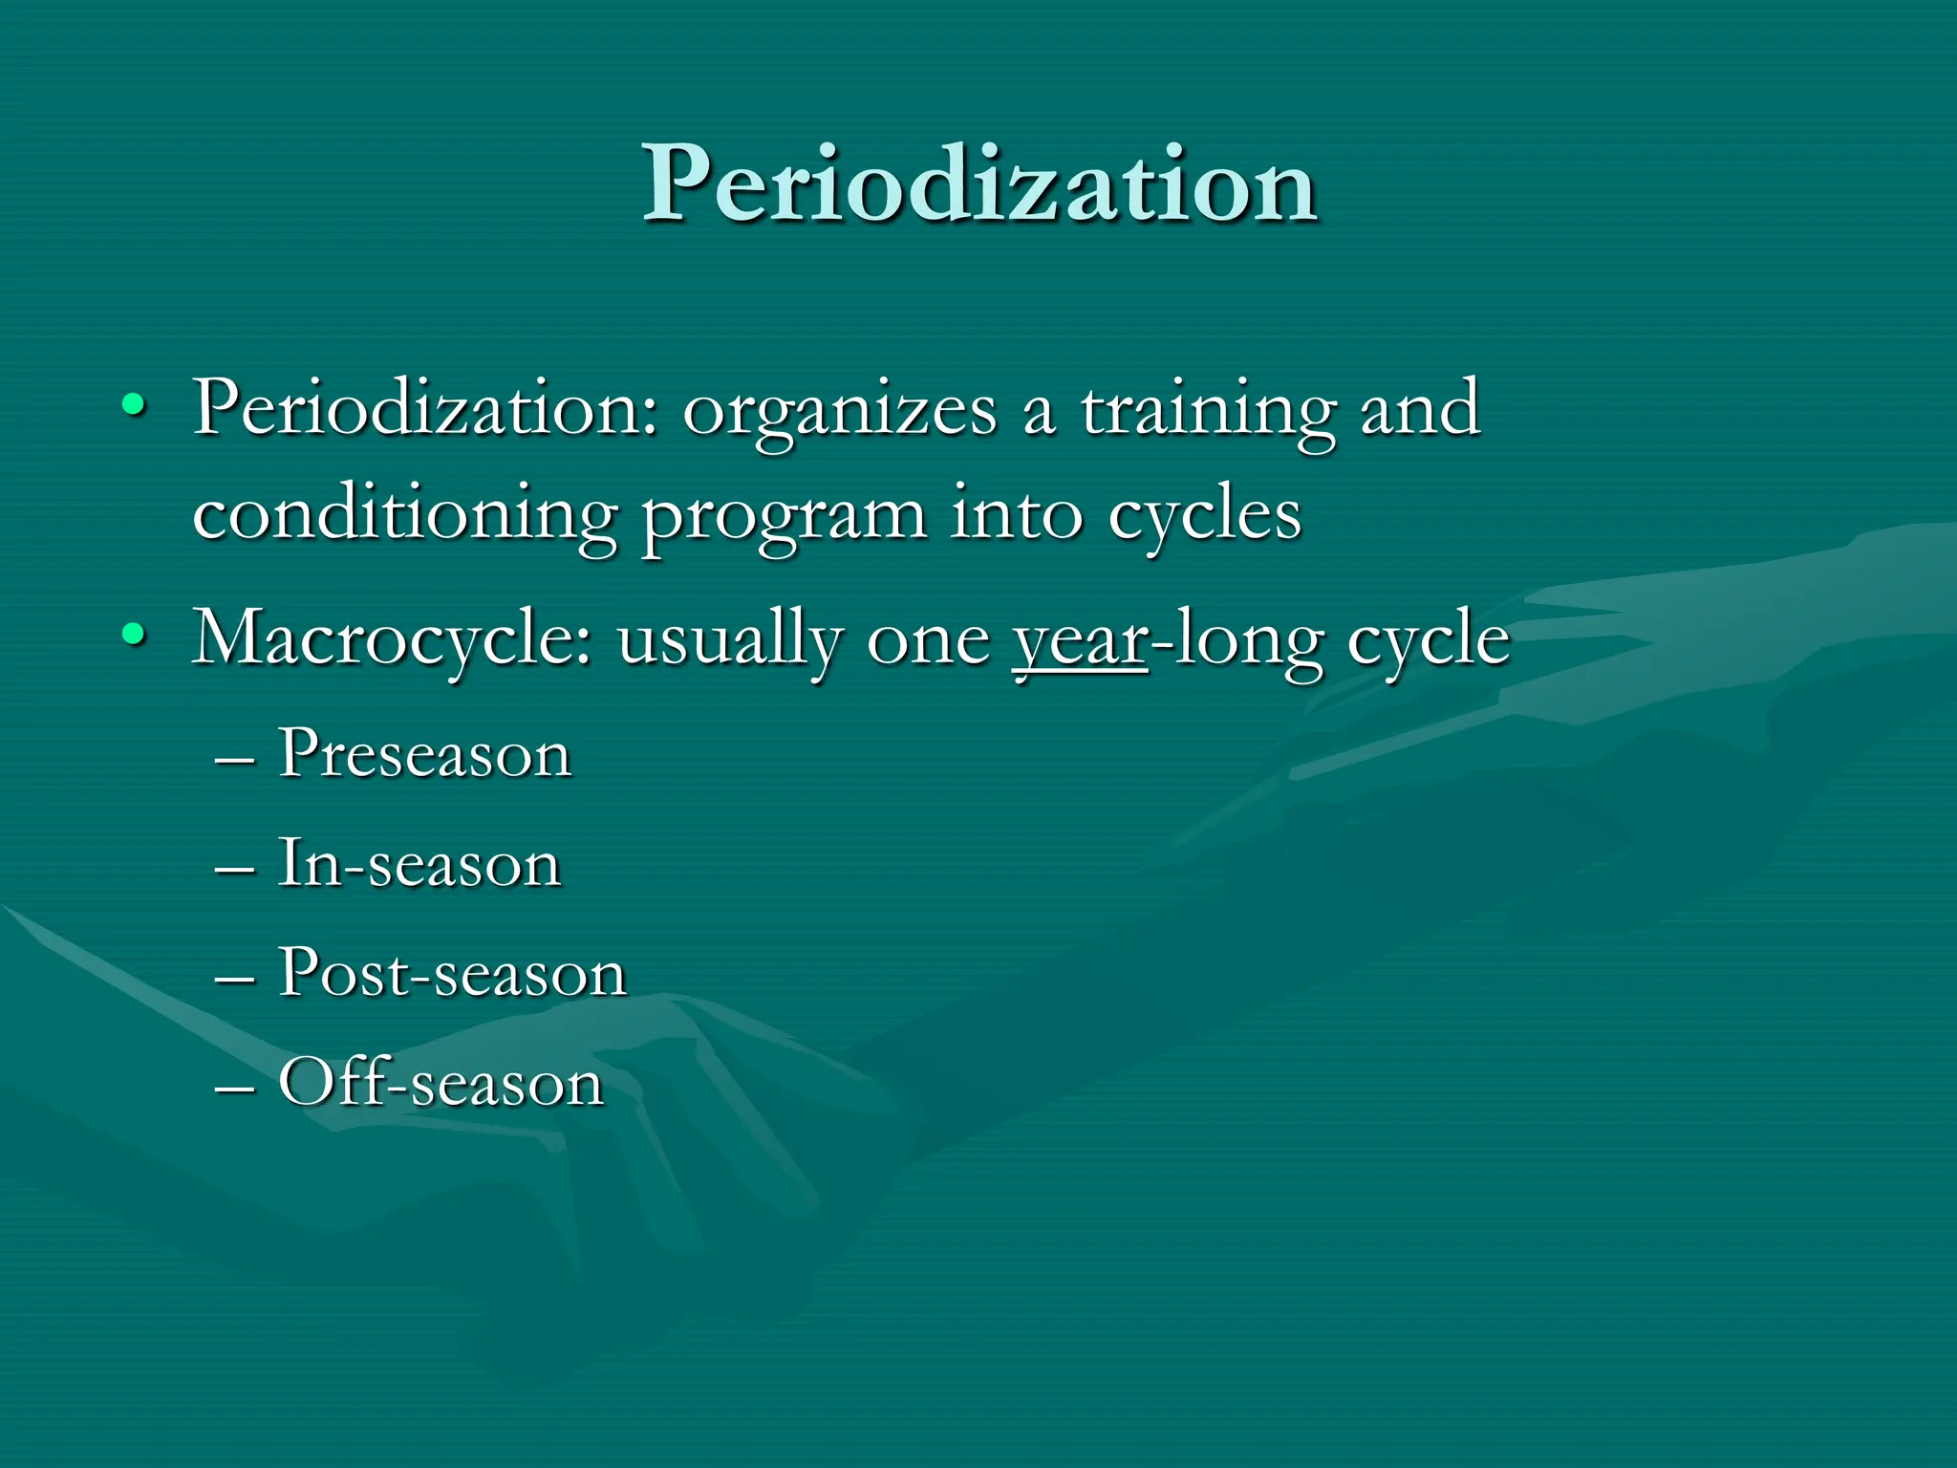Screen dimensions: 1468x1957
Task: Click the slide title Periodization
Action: [979, 183]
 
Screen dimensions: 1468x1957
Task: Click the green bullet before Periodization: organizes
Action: [135, 407]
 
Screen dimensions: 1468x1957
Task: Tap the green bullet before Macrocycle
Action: [135, 635]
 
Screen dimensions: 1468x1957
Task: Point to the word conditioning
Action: [404, 517]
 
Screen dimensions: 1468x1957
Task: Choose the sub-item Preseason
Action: [425, 754]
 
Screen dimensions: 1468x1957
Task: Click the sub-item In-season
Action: [419, 864]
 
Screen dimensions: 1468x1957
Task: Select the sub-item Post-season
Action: [452, 973]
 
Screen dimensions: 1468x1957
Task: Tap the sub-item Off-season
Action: [441, 1083]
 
